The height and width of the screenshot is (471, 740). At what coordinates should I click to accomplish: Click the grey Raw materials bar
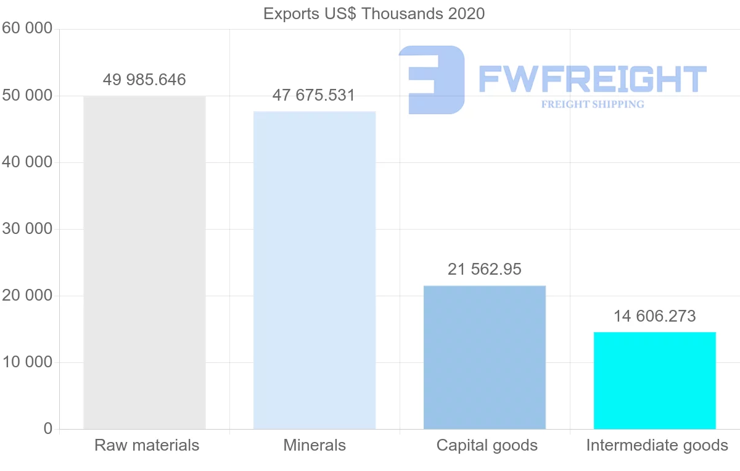pos(144,262)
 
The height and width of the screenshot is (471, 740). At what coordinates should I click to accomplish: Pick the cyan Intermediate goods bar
pos(655,380)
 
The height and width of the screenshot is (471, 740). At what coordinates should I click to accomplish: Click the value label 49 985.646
pos(144,80)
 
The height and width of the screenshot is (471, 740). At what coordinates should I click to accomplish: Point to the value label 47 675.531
pos(314,96)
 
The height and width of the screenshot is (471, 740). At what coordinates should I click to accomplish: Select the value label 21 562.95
pos(485,269)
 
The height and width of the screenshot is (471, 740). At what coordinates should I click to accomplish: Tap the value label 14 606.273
pos(654,316)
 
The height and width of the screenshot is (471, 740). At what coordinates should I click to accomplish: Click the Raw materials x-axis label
pos(147,445)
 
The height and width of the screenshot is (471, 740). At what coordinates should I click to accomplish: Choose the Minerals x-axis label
pos(314,445)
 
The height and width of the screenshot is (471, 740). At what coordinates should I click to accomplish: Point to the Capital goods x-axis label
pos(487,445)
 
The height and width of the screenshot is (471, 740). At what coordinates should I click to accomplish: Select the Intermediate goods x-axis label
pos(657,445)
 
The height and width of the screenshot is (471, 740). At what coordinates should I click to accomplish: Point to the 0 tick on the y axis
pos(48,429)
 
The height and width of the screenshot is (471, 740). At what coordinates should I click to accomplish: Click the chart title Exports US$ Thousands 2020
pos(374,14)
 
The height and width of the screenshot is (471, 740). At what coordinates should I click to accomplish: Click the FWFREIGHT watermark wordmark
pos(592,79)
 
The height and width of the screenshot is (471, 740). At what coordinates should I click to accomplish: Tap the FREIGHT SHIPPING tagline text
pos(593,104)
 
